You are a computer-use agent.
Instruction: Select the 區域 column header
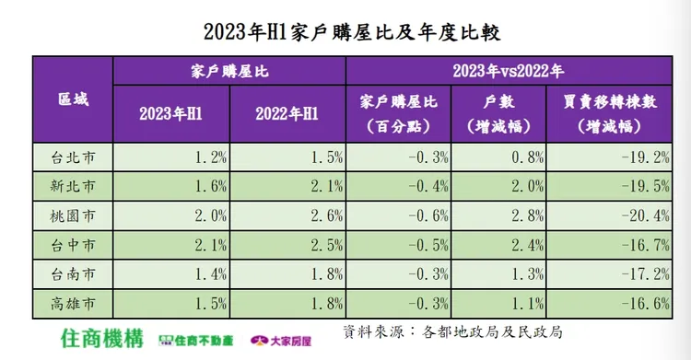[x=73, y=99]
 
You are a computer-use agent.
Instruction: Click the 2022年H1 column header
[x=287, y=113]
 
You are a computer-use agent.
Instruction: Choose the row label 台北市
[x=73, y=157]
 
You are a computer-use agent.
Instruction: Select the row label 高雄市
[x=73, y=304]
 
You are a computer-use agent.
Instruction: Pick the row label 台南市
[x=73, y=274]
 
